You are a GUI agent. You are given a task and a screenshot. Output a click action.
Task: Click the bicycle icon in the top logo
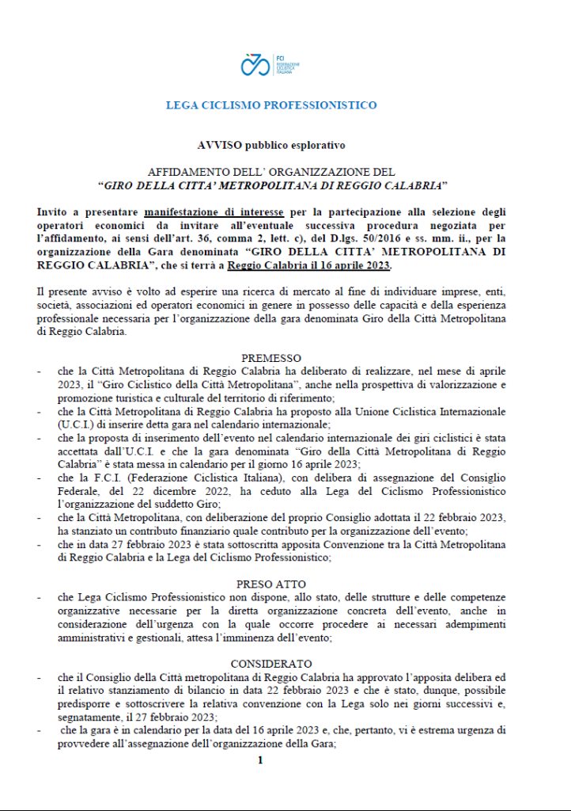(255, 64)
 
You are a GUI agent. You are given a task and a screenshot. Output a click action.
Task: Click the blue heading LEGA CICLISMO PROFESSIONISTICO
(271, 105)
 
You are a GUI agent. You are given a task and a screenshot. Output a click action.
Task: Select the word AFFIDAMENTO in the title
(183, 172)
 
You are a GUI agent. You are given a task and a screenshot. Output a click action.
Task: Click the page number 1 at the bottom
(259, 761)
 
